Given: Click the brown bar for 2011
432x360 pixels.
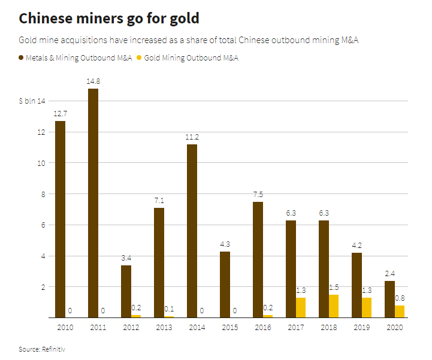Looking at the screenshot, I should pos(93,203).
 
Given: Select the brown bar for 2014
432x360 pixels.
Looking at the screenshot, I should pos(192,231).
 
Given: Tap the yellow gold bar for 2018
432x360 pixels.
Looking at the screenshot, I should pos(334,305).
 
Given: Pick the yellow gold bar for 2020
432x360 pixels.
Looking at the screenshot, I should pos(400,311).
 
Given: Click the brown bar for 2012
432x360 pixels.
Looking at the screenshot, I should pos(126,291).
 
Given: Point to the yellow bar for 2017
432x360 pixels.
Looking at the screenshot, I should pos(301,307).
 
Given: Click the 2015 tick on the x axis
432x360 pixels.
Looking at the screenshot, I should pos(229,328).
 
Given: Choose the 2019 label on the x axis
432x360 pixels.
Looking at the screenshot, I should pos(361,328).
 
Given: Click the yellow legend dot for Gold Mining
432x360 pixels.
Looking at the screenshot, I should pos(140,58).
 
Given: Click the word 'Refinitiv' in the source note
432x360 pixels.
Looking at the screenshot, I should pos(53,348).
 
